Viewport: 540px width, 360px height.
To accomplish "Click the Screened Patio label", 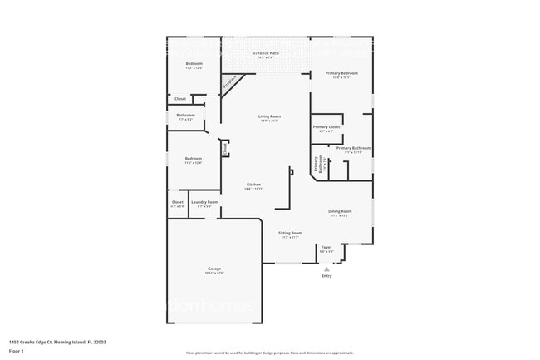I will click(266, 55).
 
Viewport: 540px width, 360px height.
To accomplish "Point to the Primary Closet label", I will click(326, 128).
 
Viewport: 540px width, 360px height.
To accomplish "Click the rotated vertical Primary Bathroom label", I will click(319, 164).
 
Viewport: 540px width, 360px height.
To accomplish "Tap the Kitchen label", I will click(253, 185).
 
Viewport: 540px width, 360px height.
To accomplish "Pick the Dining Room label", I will click(340, 212).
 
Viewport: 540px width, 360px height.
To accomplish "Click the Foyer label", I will click(326, 248).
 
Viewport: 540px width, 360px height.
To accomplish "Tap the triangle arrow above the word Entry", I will click(326, 269).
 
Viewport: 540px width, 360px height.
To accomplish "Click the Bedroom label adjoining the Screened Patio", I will click(194, 65).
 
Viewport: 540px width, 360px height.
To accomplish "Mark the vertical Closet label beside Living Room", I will click(224, 148).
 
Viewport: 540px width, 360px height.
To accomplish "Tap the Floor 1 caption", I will click(17, 350).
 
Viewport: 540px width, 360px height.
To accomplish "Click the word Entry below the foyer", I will click(326, 276).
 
